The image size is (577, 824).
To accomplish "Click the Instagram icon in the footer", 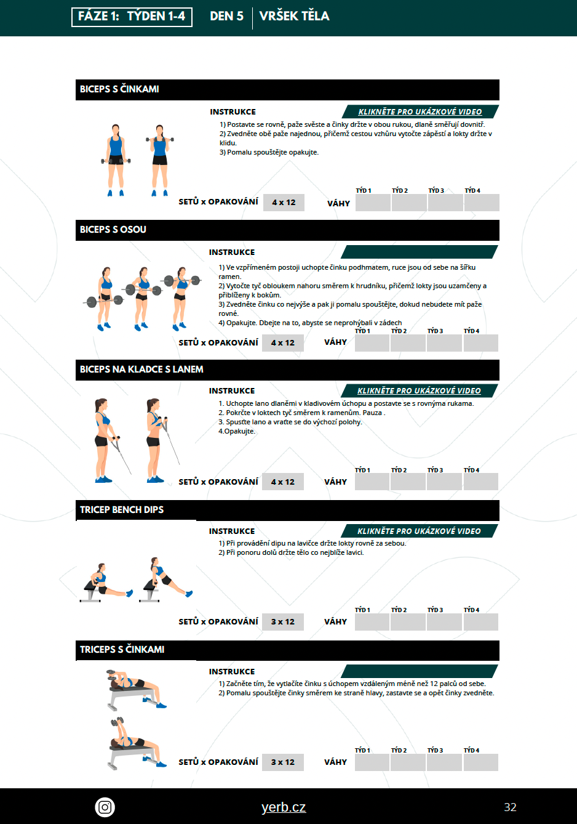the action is coord(105,807).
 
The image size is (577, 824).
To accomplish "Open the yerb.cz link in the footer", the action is coord(284,807).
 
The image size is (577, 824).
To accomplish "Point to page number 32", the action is coord(510,807).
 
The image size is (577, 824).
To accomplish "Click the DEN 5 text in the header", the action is coord(226,16).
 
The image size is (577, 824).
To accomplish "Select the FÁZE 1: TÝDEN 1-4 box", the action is coord(132,17).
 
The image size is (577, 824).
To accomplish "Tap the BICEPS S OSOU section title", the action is coord(113,230).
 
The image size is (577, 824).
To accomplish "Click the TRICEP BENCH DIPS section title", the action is coord(122,509).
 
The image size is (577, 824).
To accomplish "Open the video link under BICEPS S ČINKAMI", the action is coord(420,112).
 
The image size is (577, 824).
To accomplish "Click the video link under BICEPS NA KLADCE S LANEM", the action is coord(419,390).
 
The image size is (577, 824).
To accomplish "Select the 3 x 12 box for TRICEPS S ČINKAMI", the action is coord(282,762).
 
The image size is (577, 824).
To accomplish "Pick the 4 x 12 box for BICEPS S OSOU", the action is coord(282,343).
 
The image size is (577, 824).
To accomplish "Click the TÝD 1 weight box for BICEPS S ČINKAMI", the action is coord(373,203).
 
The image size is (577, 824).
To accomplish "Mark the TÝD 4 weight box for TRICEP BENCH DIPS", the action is coord(480,622).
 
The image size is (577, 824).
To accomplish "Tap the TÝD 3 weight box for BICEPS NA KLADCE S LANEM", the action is coord(444,482).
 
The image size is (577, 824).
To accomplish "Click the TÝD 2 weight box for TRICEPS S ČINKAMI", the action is coord(408,762).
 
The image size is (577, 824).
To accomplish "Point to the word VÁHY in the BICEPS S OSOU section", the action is coord(335,342).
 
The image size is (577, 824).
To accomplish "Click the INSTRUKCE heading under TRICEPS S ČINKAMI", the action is coord(232,672).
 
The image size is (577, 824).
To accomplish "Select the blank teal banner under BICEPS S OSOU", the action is coord(420,252).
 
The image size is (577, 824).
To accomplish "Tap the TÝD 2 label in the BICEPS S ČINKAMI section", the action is coord(400,190).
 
